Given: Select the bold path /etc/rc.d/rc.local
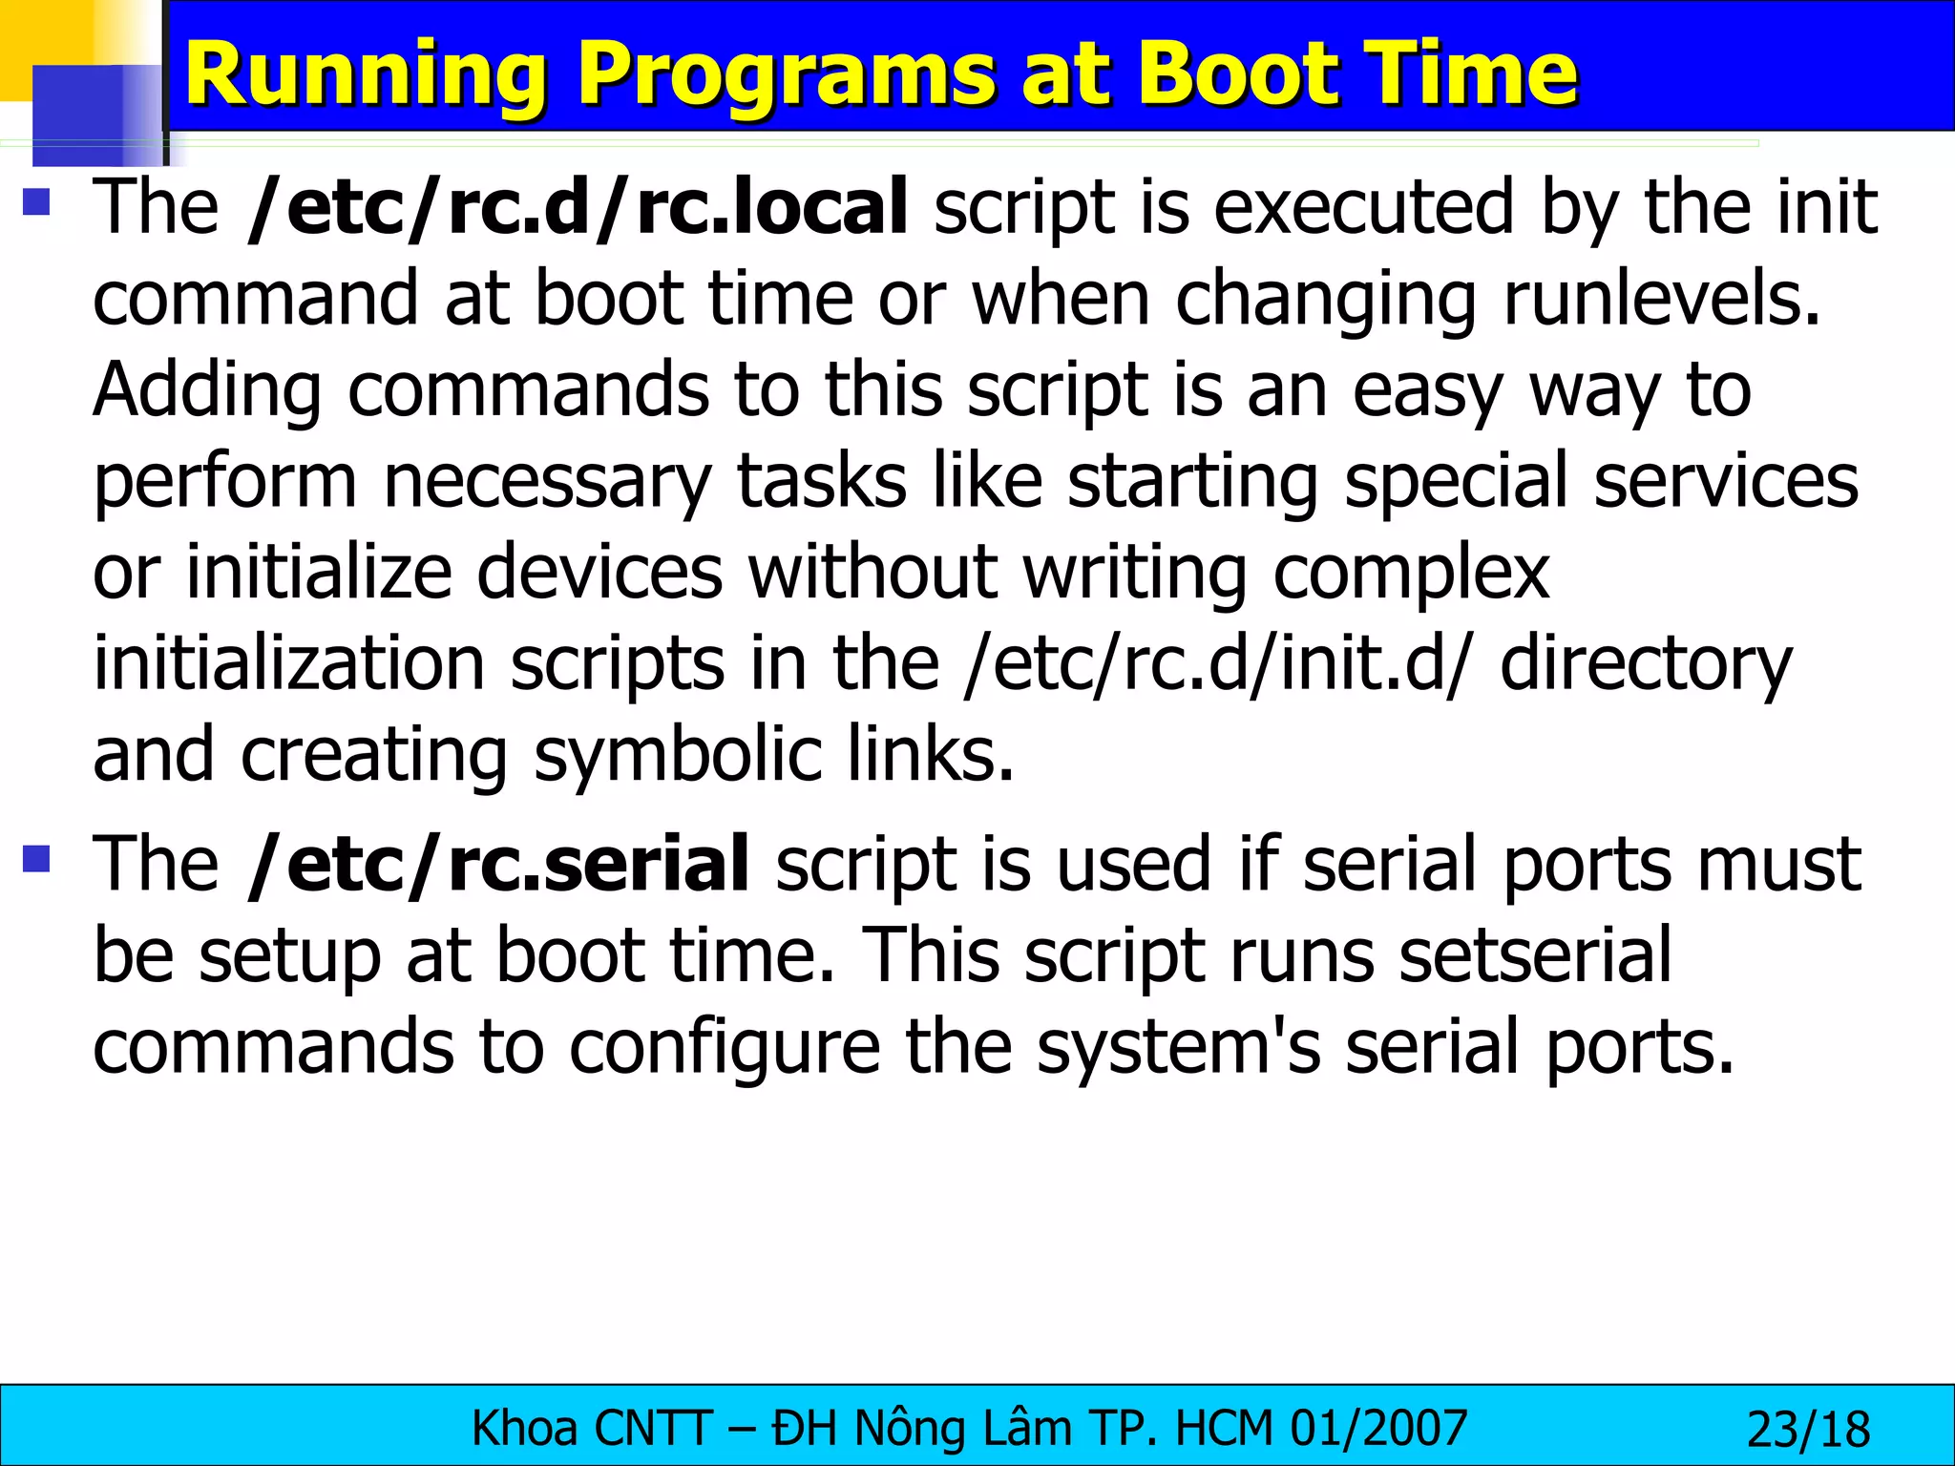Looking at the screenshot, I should tap(577, 208).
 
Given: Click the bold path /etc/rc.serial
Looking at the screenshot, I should tap(497, 865).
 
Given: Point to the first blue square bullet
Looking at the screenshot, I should tap(36, 201).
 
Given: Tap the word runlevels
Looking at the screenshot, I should tap(1662, 300).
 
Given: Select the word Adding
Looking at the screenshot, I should tap(207, 391).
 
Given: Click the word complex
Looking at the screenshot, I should tap(1411, 575).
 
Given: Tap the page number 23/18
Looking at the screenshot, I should tap(1807, 1430).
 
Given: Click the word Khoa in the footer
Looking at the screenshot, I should tap(525, 1429).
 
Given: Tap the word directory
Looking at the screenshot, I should tap(1645, 666).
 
